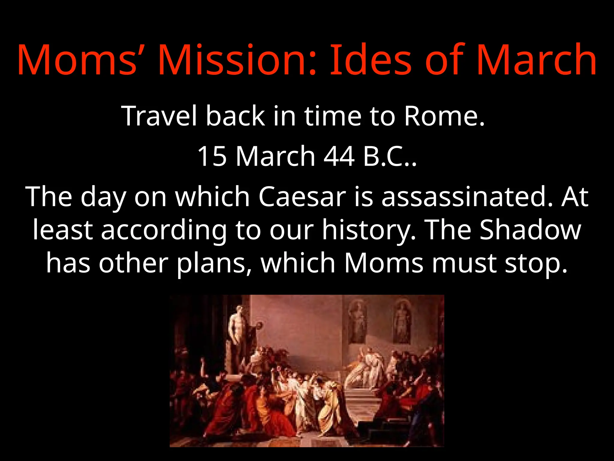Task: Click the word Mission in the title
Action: click(237, 60)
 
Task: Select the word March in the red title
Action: click(537, 60)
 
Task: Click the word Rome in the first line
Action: click(444, 116)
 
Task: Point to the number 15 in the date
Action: click(212, 156)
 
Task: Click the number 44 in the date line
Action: click(339, 156)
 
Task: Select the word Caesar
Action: click(302, 197)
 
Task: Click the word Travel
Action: click(159, 116)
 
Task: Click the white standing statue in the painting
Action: click(238, 326)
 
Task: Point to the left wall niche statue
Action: click(357, 323)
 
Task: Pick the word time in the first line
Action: click(333, 116)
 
